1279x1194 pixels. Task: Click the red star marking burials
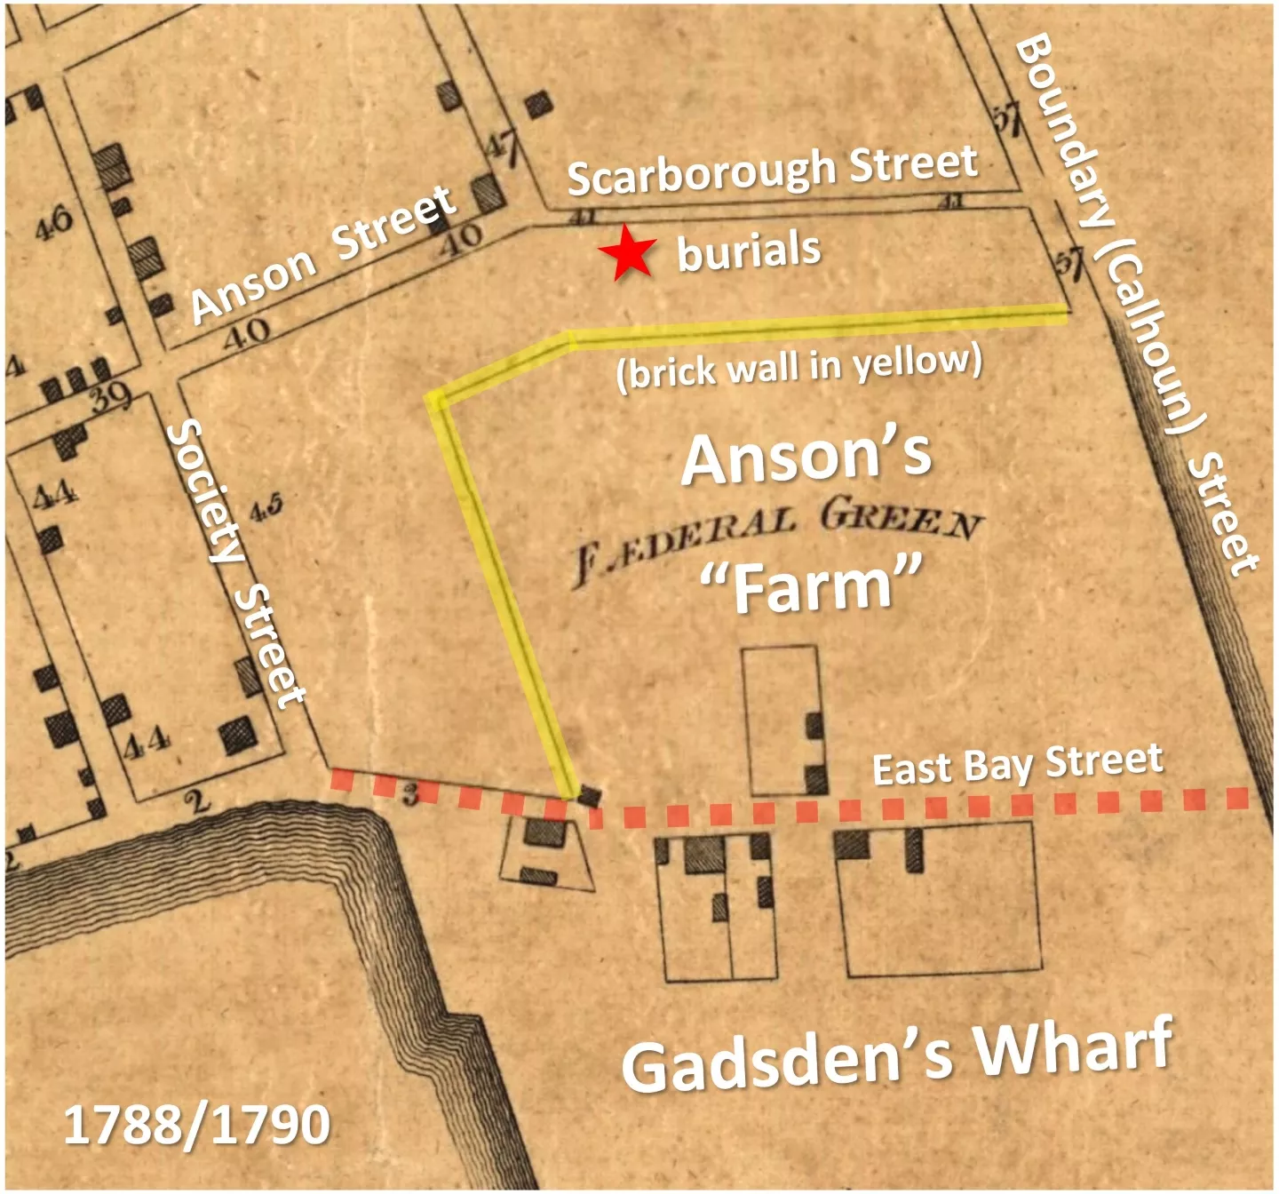coord(627,253)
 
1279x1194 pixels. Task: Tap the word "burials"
coord(749,251)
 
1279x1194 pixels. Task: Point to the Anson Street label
coord(323,255)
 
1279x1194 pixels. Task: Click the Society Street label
coord(234,563)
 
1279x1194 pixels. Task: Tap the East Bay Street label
coord(1017,765)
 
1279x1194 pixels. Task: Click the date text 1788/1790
coord(197,1125)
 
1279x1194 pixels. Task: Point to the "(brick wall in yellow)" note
coord(799,366)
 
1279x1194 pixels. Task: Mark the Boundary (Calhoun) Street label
coord(1137,302)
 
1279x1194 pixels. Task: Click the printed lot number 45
coord(266,508)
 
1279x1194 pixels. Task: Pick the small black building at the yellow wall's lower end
coord(587,796)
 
